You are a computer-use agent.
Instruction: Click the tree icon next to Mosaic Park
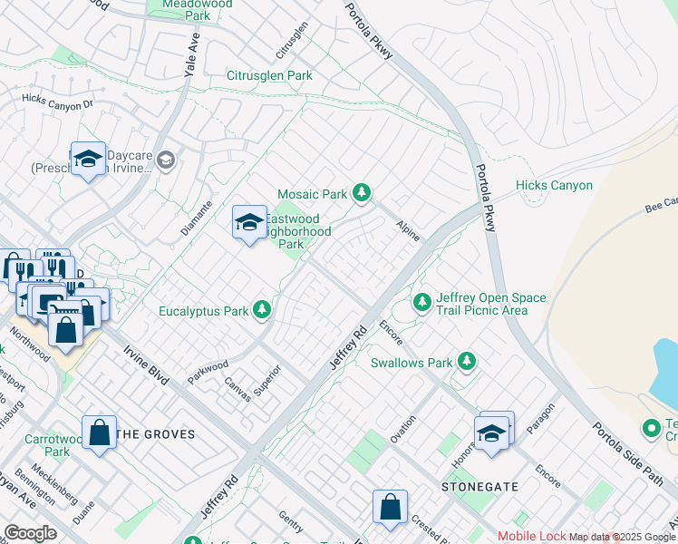362,192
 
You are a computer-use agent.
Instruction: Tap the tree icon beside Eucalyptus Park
262,310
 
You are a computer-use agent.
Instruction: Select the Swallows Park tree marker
466,362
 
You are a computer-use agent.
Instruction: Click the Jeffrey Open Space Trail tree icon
421,302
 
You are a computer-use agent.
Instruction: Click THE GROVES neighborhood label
157,434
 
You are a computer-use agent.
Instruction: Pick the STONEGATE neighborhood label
479,487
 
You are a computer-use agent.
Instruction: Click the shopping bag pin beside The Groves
99,432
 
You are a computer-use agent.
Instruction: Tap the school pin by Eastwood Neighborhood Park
249,221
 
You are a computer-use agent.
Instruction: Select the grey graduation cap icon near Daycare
165,160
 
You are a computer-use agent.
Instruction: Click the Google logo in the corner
30,533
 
